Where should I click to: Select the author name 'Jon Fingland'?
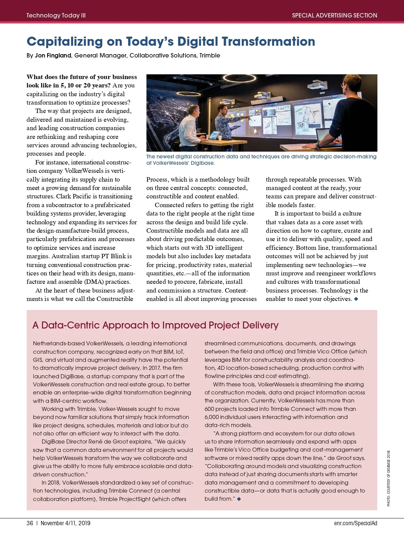tap(53, 55)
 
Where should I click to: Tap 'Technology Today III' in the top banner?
tap(56, 15)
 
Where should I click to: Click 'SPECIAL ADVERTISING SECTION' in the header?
tap(334, 15)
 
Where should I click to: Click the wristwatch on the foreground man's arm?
tap(318, 144)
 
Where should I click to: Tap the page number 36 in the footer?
tap(30, 523)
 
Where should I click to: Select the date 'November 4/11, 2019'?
tap(65, 523)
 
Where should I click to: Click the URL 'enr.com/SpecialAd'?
tap(356, 523)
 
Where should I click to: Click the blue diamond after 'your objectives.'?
tap(356, 299)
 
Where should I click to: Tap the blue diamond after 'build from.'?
tap(239, 499)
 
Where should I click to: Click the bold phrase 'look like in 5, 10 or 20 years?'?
tap(68, 85)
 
